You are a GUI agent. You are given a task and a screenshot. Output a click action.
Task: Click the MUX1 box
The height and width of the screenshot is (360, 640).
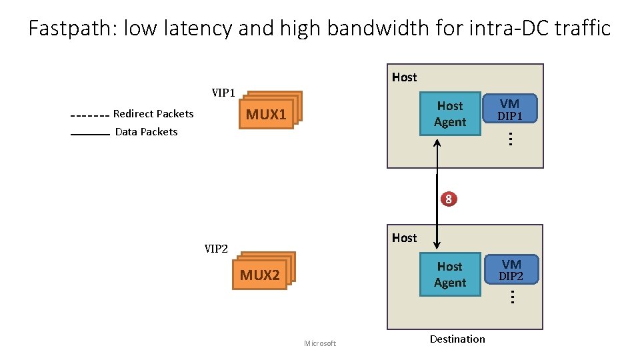click(266, 115)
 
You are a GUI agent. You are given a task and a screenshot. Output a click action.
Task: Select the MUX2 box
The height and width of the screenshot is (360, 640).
click(259, 275)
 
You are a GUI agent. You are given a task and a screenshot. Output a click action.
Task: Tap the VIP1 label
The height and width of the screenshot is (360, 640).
click(223, 92)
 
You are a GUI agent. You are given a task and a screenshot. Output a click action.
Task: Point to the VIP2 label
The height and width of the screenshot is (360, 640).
click(216, 249)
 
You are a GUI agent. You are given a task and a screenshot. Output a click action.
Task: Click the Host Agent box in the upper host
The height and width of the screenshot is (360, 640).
click(450, 114)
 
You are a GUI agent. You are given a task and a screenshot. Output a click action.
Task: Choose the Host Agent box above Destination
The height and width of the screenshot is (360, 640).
click(450, 274)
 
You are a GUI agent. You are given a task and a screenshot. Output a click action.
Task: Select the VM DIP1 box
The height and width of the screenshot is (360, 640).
click(510, 109)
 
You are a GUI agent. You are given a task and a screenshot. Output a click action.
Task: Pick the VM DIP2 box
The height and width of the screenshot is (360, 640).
click(511, 270)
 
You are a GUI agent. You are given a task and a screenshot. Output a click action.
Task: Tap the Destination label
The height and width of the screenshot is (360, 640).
click(457, 339)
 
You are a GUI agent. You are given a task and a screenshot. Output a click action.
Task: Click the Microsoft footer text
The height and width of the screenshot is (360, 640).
click(320, 343)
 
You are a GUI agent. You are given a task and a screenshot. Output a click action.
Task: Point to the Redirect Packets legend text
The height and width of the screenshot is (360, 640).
click(153, 114)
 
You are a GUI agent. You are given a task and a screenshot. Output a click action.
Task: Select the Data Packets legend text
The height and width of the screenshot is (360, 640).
click(146, 132)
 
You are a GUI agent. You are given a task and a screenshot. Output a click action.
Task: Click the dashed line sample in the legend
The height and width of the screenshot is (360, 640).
click(89, 115)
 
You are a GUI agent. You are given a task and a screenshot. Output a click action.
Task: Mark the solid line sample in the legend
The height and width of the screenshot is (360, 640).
click(89, 135)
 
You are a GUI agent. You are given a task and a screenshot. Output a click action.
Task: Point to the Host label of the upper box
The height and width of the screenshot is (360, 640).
click(404, 77)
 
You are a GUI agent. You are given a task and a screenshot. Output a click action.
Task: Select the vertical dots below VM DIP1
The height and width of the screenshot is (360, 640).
click(509, 139)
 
